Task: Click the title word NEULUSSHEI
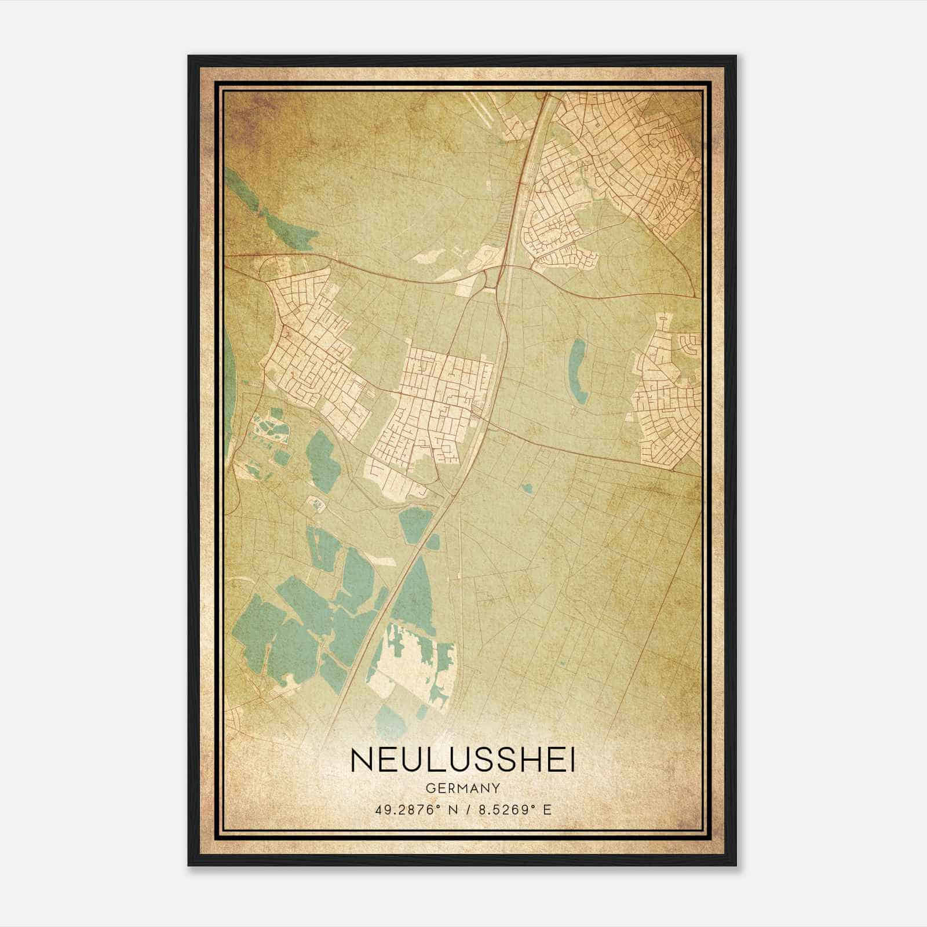click(463, 761)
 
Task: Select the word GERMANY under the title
click(463, 788)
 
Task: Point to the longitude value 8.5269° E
click(513, 809)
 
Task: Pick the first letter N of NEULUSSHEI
click(360, 761)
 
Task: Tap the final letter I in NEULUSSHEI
click(572, 761)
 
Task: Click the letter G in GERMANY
click(429, 788)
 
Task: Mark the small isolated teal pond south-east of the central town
click(527, 488)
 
